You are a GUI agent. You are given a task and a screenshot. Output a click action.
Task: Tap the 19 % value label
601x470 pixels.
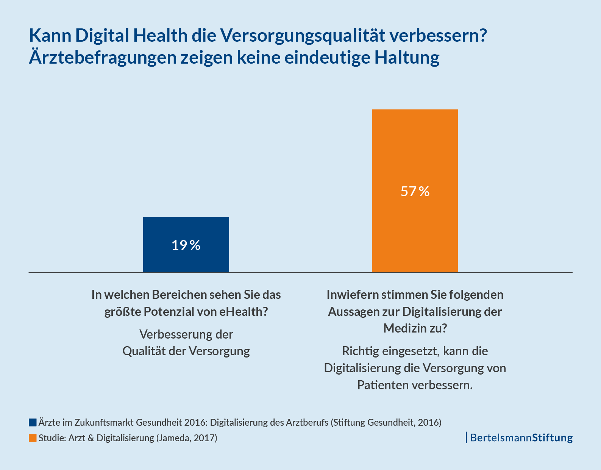186,245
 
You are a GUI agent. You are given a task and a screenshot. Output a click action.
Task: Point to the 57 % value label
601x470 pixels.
415,191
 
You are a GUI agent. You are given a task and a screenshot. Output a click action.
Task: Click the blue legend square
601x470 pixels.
33,422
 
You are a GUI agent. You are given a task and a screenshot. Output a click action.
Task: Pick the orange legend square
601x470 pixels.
33,438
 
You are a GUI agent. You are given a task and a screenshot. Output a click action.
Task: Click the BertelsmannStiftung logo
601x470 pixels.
521,438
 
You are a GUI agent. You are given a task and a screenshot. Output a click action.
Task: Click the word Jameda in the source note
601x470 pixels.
175,438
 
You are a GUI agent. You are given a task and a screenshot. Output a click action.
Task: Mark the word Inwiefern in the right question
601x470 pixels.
353,294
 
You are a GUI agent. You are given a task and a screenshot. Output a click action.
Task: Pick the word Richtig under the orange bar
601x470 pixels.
360,351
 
